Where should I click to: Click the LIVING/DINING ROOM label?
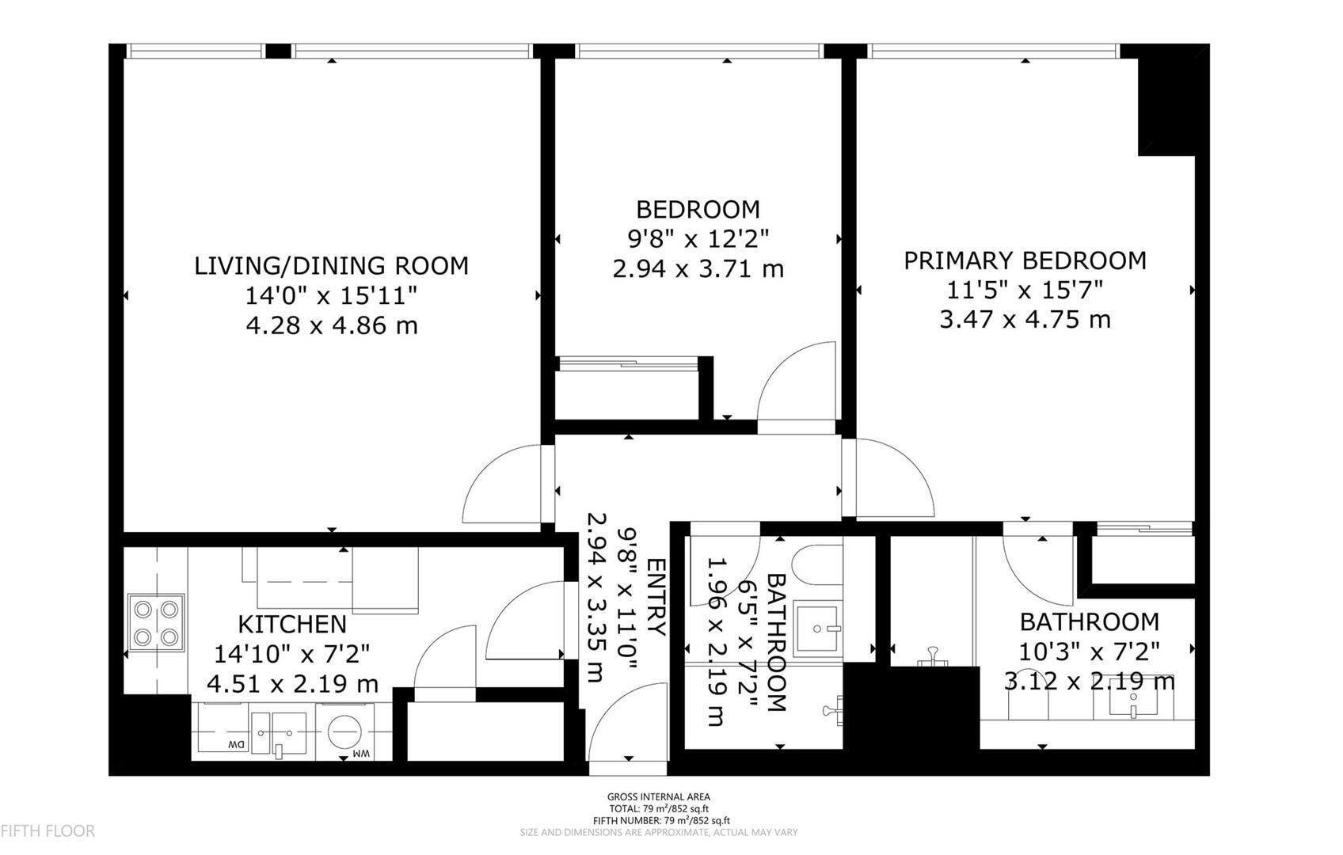(x=331, y=265)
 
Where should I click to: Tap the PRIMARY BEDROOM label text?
(x=1025, y=260)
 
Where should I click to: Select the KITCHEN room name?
(x=292, y=625)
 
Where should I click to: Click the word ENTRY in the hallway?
(x=656, y=597)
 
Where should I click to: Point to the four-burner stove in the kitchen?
(x=156, y=623)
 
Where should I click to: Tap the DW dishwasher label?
(x=235, y=745)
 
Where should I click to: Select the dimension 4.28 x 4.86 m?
(x=331, y=325)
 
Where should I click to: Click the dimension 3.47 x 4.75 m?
(x=1025, y=320)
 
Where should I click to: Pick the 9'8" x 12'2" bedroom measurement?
(x=698, y=238)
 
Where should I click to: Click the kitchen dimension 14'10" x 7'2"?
(x=292, y=654)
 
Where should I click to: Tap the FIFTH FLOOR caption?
(x=48, y=831)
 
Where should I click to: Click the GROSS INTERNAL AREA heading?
(x=658, y=797)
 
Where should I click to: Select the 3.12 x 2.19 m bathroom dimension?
(x=1089, y=682)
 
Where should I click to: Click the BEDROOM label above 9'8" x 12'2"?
(x=698, y=210)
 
